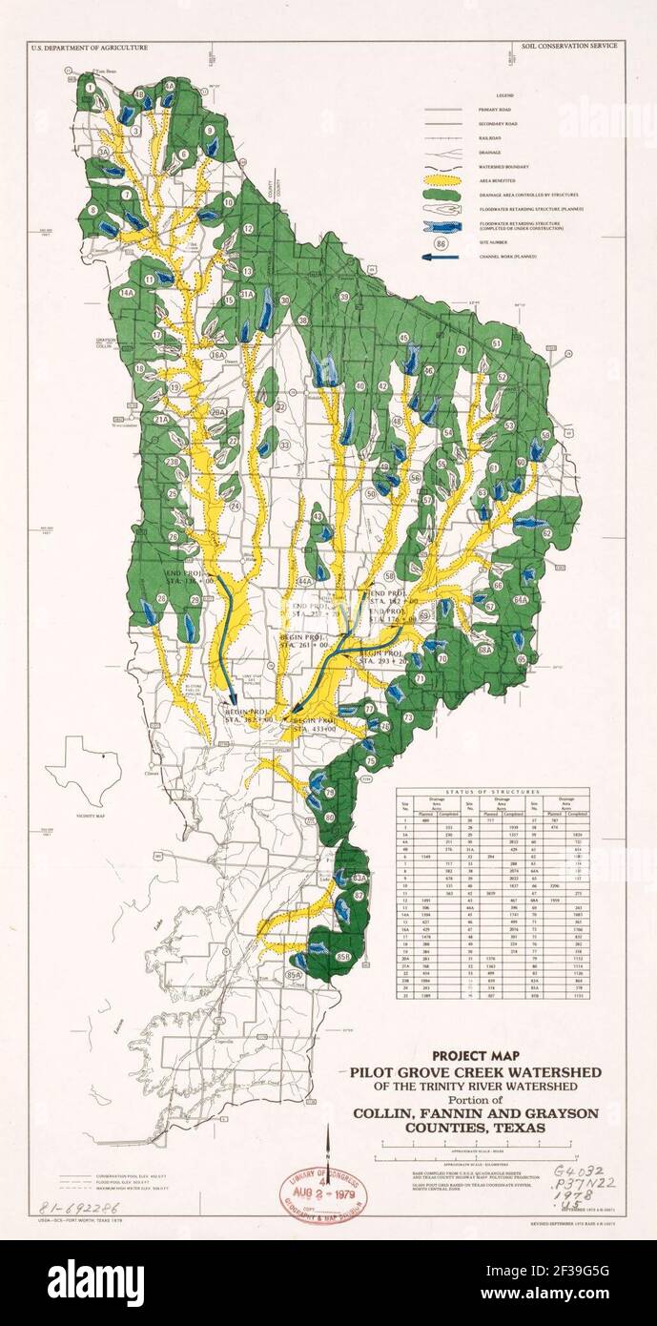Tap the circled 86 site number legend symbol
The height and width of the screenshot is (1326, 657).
pos(440,243)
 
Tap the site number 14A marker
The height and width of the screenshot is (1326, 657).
pos(126,293)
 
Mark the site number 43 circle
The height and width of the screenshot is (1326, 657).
pos(318,517)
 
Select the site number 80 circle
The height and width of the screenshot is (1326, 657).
pos(329,818)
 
